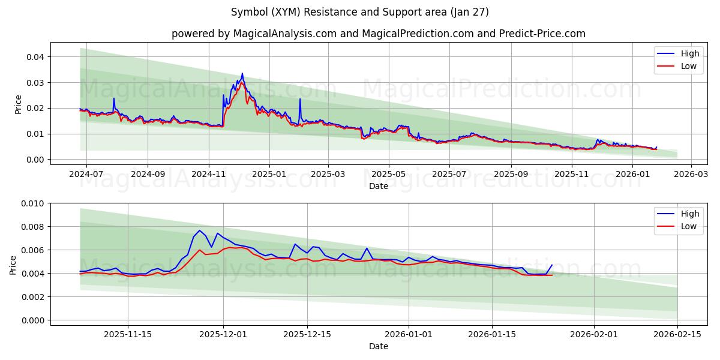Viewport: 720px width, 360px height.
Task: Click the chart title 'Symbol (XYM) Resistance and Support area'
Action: click(x=360, y=12)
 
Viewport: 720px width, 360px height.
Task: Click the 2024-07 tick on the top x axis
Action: click(x=86, y=174)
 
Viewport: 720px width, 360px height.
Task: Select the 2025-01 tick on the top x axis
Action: click(x=269, y=174)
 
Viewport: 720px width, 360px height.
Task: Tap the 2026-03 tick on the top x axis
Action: click(x=691, y=174)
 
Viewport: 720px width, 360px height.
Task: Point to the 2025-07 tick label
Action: click(x=449, y=174)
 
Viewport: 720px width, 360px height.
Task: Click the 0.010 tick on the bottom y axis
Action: click(x=34, y=203)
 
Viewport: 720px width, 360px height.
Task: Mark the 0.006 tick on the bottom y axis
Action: click(x=34, y=250)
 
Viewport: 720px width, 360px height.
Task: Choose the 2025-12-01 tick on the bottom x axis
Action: click(x=223, y=334)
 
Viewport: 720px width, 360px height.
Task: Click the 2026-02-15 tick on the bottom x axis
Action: click(x=677, y=334)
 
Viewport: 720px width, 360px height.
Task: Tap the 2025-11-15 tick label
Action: click(x=127, y=334)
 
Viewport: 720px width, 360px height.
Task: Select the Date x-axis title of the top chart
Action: click(x=379, y=186)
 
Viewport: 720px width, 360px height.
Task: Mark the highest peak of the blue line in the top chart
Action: click(x=242, y=73)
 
